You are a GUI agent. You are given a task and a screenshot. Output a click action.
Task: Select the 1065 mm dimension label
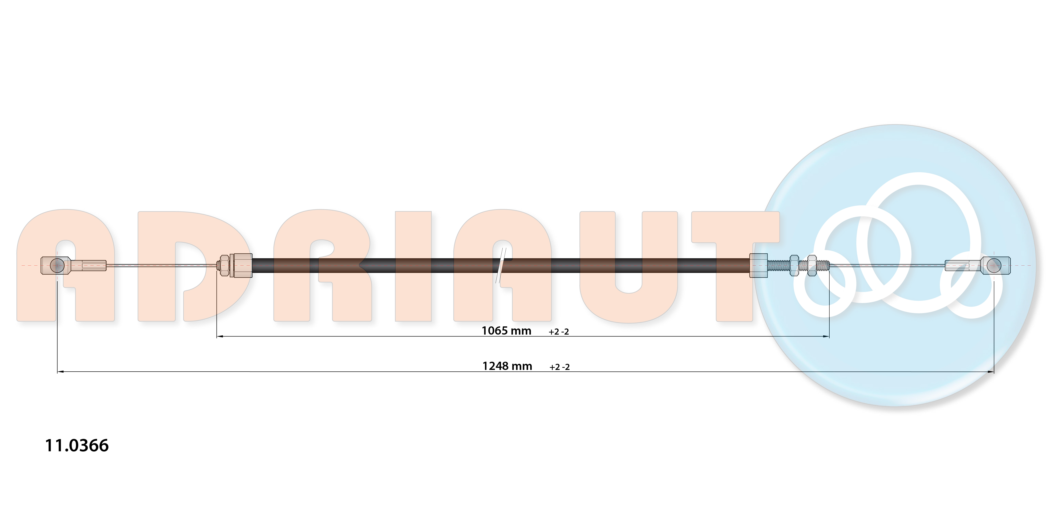click(506, 331)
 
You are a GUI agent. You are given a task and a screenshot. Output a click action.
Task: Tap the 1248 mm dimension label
click(507, 366)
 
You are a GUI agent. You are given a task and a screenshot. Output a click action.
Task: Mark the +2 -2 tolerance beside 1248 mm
click(559, 367)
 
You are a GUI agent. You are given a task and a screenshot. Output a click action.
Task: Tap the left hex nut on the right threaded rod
click(794, 266)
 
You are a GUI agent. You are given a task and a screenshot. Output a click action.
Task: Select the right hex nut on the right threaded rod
click(812, 266)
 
